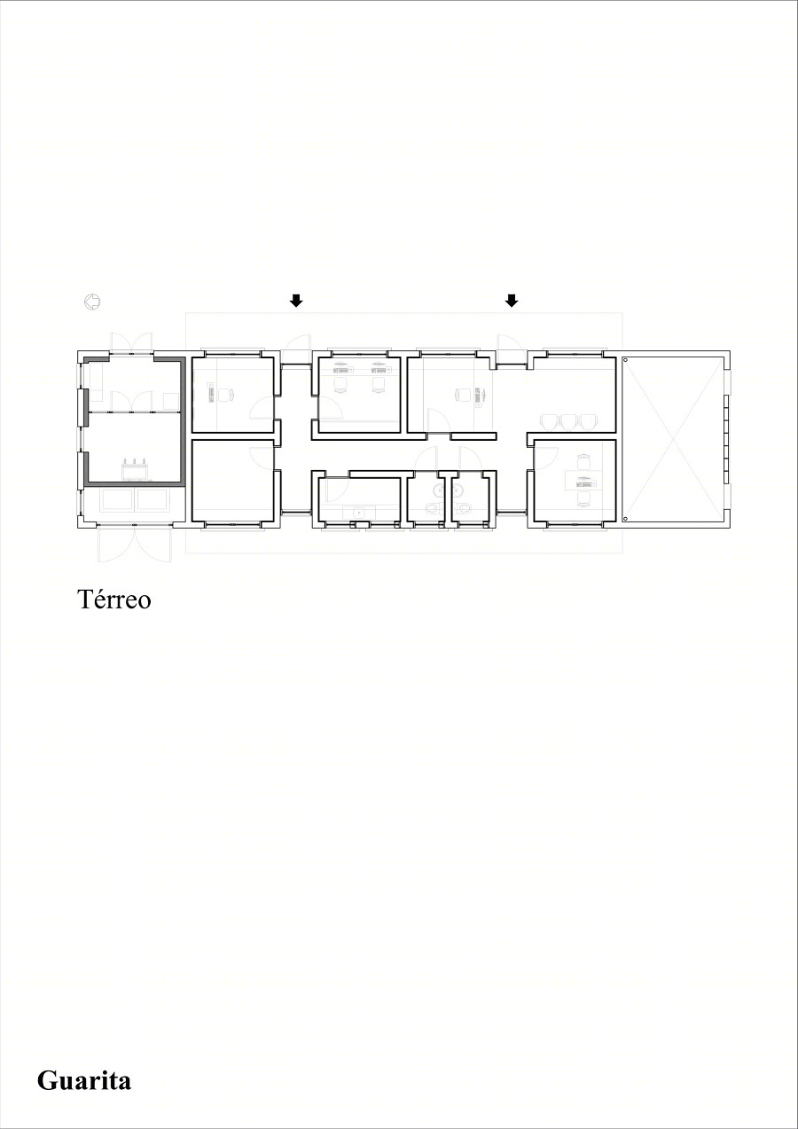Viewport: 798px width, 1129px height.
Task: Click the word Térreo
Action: click(113, 600)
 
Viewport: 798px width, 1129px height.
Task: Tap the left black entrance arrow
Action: click(296, 301)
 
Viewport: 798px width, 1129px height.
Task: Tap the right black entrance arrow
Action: click(512, 301)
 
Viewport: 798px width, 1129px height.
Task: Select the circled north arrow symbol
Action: click(91, 302)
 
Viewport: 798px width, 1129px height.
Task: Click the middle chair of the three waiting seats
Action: click(568, 421)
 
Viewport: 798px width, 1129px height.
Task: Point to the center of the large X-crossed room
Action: click(674, 438)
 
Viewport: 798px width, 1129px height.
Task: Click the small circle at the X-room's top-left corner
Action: click(625, 360)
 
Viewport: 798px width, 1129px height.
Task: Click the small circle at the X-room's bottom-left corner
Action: click(625, 518)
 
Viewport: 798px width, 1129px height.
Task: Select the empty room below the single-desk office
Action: click(232, 481)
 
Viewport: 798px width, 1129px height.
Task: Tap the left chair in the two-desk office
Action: click(342, 385)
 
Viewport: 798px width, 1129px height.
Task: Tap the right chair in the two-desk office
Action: click(379, 385)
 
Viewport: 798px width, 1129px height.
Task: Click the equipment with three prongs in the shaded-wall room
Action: click(135, 469)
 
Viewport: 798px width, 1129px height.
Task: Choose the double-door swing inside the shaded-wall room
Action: click(131, 402)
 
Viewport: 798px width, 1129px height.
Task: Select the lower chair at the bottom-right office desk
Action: click(584, 498)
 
